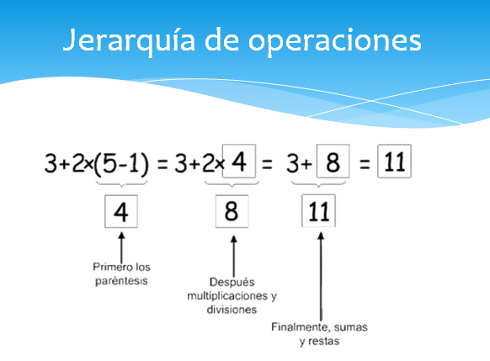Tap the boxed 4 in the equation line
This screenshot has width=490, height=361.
pyautogui.click(x=239, y=161)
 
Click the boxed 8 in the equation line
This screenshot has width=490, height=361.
pyautogui.click(x=333, y=162)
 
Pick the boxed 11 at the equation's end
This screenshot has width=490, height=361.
pyautogui.click(x=394, y=162)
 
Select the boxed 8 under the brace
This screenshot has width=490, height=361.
pyautogui.click(x=232, y=210)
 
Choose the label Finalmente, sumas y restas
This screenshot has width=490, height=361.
pyautogui.click(x=319, y=333)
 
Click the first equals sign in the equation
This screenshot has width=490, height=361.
pyautogui.click(x=162, y=164)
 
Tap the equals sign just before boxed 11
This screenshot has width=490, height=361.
pyautogui.click(x=365, y=164)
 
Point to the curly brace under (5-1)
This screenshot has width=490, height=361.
pyautogui.click(x=121, y=183)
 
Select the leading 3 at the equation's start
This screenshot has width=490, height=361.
pyautogui.click(x=51, y=163)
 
